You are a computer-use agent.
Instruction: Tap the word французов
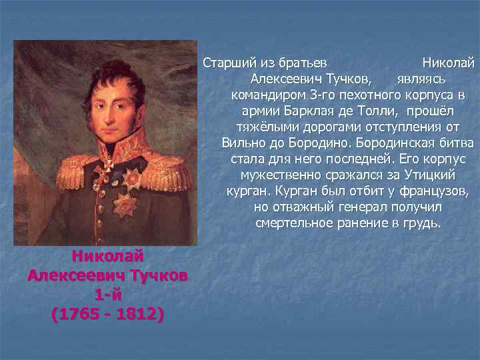click(x=434, y=191)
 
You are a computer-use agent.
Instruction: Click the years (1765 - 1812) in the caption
click(x=107, y=313)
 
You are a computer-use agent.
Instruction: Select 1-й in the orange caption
click(x=107, y=294)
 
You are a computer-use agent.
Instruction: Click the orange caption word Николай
click(x=107, y=256)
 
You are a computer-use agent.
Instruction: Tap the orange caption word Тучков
click(x=156, y=275)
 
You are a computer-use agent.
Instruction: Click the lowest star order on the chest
click(x=124, y=203)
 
